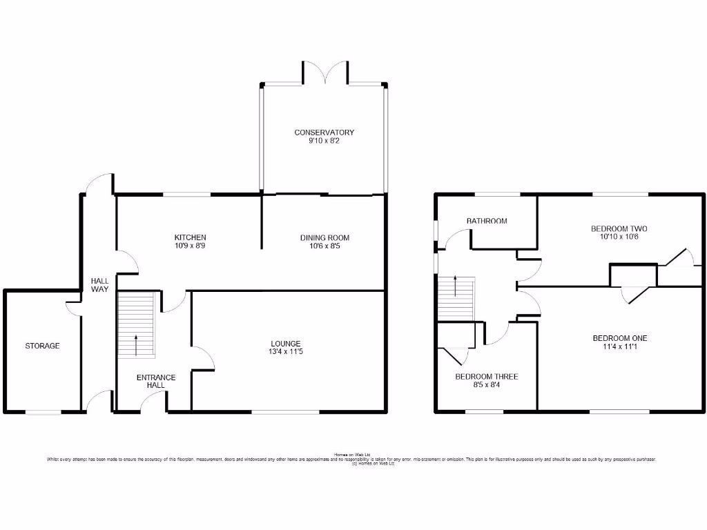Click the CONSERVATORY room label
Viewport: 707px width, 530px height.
point(324,132)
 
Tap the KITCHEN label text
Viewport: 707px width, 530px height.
point(191,237)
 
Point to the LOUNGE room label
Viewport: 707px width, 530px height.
point(285,343)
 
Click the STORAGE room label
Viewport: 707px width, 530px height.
point(43,346)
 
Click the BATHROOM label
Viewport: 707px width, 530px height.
point(487,221)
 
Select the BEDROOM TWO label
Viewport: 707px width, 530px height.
point(619,228)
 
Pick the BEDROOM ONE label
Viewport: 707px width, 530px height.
point(619,338)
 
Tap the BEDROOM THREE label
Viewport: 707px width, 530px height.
point(486,377)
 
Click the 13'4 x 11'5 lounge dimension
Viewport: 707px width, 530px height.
point(285,352)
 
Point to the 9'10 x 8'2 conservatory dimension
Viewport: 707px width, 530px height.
point(324,141)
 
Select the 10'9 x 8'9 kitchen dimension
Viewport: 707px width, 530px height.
point(191,246)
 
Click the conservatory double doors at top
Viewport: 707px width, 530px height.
point(325,75)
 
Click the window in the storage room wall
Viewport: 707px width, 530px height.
point(43,413)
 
